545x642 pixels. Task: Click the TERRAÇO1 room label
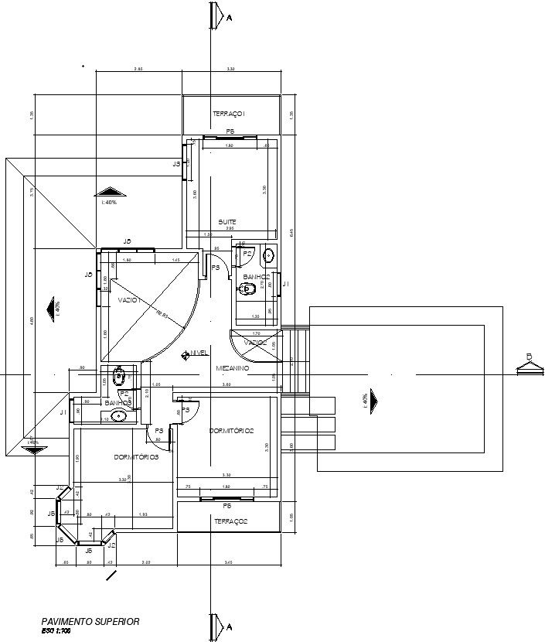click(x=229, y=114)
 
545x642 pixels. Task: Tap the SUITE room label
click(x=227, y=222)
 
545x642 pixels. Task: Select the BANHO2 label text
click(x=256, y=276)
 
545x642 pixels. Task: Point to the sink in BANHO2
click(x=268, y=254)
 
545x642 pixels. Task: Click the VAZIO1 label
click(x=129, y=299)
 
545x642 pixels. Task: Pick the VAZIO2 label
click(x=256, y=343)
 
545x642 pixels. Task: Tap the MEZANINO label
click(x=232, y=369)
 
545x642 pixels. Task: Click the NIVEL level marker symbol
click(x=186, y=355)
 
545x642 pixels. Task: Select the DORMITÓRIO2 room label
click(x=232, y=431)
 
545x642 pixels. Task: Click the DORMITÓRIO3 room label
click(x=136, y=457)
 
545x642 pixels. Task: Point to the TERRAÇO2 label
click(x=230, y=522)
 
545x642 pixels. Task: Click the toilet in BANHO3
click(x=119, y=377)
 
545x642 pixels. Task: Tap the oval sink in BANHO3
click(x=118, y=416)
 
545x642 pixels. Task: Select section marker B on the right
click(x=530, y=357)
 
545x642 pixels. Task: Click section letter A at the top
click(x=228, y=17)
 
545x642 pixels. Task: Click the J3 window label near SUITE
click(x=176, y=164)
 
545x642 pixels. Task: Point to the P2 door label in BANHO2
click(x=247, y=253)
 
